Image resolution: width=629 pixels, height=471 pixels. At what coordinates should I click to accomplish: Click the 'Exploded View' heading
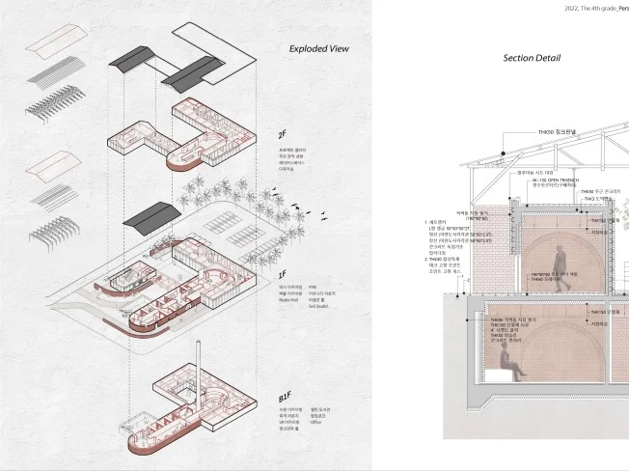click(318, 48)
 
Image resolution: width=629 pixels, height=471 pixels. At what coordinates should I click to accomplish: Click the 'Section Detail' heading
click(531, 58)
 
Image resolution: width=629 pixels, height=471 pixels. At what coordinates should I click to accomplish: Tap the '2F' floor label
click(283, 134)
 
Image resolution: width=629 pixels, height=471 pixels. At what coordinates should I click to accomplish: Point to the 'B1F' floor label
click(285, 397)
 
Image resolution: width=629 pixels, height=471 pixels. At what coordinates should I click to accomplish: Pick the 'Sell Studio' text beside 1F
click(322, 306)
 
